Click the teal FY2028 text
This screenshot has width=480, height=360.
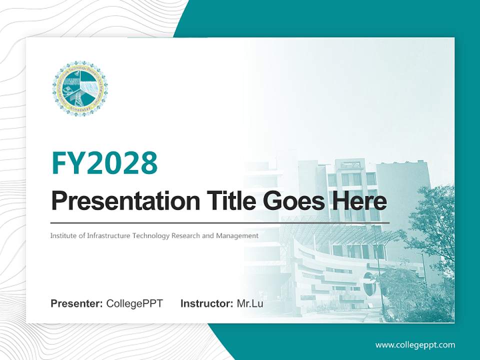pyautogui.click(x=104, y=163)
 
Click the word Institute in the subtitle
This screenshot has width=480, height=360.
pyautogui.click(x=62, y=235)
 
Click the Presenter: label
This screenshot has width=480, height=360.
pyautogui.click(x=77, y=303)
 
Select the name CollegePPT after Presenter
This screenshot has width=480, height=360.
pyautogui.click(x=134, y=303)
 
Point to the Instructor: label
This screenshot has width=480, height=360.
pyautogui.click(x=207, y=303)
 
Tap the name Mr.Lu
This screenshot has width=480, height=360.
pyautogui.click(x=250, y=303)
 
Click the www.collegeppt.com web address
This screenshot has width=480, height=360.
pyautogui.click(x=415, y=344)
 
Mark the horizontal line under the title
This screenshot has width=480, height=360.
pyautogui.click(x=220, y=222)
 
